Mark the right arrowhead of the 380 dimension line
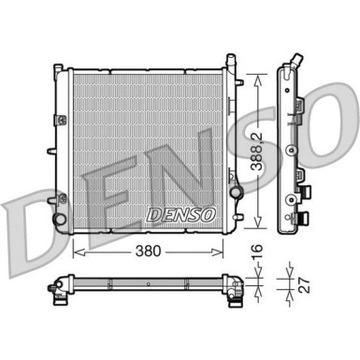222,252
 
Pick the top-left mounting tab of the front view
58,70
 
